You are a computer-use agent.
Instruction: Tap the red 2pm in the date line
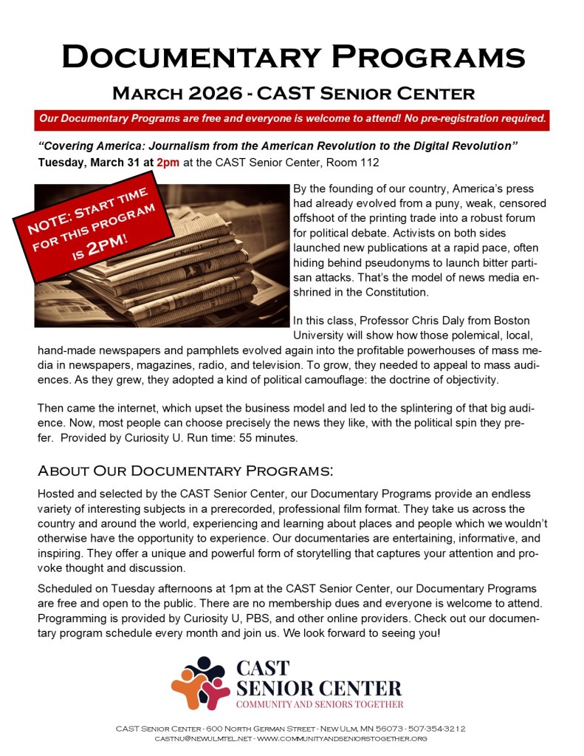[x=168, y=162]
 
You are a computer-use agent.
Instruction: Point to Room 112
[x=353, y=162]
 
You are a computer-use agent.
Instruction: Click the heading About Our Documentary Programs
[x=185, y=471]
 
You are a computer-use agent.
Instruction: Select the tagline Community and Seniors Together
[x=320, y=704]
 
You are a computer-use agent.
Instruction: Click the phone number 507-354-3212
[x=439, y=729]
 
